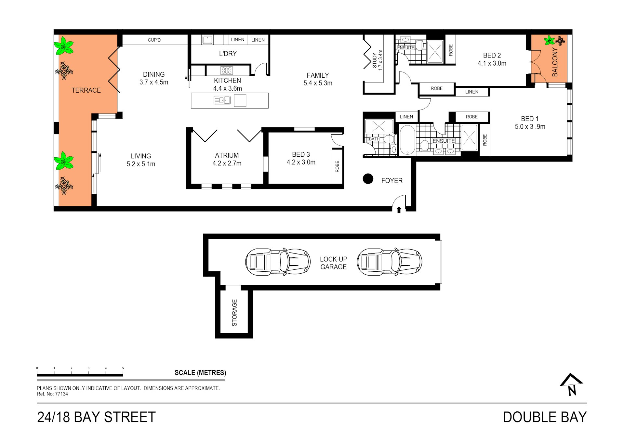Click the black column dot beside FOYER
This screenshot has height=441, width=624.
368,178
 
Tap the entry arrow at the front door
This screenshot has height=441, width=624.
399,210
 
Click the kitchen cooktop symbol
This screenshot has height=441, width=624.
226,71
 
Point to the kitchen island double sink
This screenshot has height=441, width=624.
222,100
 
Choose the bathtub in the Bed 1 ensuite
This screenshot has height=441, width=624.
407,140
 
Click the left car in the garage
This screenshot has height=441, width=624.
278,262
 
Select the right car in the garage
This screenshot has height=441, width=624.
389,262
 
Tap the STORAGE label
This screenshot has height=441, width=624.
234,313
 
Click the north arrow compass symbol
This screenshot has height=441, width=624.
571,384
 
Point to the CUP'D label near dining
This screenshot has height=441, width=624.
154,40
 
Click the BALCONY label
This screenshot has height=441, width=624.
555,62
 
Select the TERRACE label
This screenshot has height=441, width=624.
86,90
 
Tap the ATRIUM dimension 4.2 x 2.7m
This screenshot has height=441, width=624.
227,163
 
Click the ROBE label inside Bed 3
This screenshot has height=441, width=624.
337,166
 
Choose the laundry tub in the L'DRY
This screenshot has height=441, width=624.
207,40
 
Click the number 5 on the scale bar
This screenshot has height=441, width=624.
123,368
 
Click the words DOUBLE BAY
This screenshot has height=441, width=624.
545,417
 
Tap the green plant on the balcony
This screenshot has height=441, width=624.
549,40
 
